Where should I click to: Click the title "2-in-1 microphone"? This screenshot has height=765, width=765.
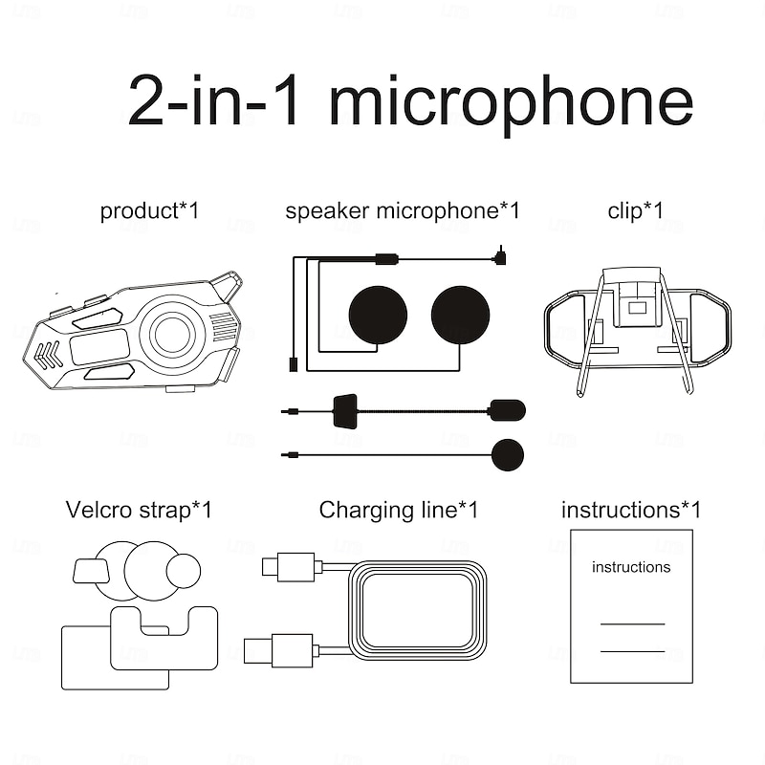click(x=410, y=101)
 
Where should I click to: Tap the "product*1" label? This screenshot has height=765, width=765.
click(x=149, y=210)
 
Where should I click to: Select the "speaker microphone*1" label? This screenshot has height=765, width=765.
click(x=402, y=210)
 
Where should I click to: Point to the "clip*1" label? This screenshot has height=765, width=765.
click(x=635, y=210)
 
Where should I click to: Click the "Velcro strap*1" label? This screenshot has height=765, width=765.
click(x=139, y=510)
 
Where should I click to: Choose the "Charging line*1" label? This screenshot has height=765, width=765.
click(x=398, y=510)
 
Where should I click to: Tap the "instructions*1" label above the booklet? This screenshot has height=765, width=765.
click(x=630, y=510)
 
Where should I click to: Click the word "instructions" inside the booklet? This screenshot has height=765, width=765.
click(x=631, y=567)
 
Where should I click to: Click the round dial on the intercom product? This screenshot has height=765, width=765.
click(x=172, y=335)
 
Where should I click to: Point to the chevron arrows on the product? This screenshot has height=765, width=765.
click(x=48, y=355)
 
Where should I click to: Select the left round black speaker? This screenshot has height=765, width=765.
click(x=378, y=315)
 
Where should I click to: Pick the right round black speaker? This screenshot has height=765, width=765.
click(x=460, y=315)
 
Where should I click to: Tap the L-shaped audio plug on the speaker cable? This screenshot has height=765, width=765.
click(x=500, y=256)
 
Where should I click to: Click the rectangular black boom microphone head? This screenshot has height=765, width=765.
click(x=506, y=410)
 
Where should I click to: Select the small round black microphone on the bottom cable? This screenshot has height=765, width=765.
click(x=507, y=454)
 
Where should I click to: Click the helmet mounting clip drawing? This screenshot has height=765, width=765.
click(x=637, y=325)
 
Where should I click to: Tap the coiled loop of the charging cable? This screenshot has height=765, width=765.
click(x=418, y=609)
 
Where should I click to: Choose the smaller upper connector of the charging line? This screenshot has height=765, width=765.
click(x=288, y=566)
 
